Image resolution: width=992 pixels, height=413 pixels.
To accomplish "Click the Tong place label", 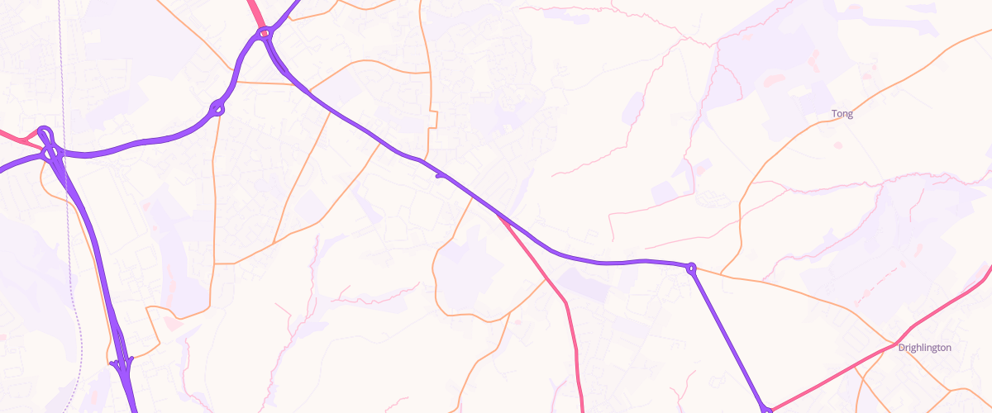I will pyautogui.click(x=842, y=114).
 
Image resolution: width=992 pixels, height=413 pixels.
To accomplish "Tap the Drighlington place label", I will pyautogui.click(x=924, y=348).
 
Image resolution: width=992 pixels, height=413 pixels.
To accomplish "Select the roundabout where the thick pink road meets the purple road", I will pyautogui.click(x=265, y=34).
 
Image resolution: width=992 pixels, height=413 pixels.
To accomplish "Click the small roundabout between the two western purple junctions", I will pyautogui.click(x=218, y=107).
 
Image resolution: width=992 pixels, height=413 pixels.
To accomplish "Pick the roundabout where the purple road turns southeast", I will pyautogui.click(x=691, y=268).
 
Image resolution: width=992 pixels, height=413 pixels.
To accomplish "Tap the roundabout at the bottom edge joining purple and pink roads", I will pyautogui.click(x=767, y=409).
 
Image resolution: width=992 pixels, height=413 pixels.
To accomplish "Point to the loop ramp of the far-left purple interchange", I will pyautogui.click(x=45, y=134).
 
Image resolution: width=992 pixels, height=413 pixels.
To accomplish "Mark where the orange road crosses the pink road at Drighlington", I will pyautogui.click(x=894, y=342).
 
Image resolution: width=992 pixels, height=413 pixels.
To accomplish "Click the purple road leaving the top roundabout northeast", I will pyautogui.click(x=285, y=12).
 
